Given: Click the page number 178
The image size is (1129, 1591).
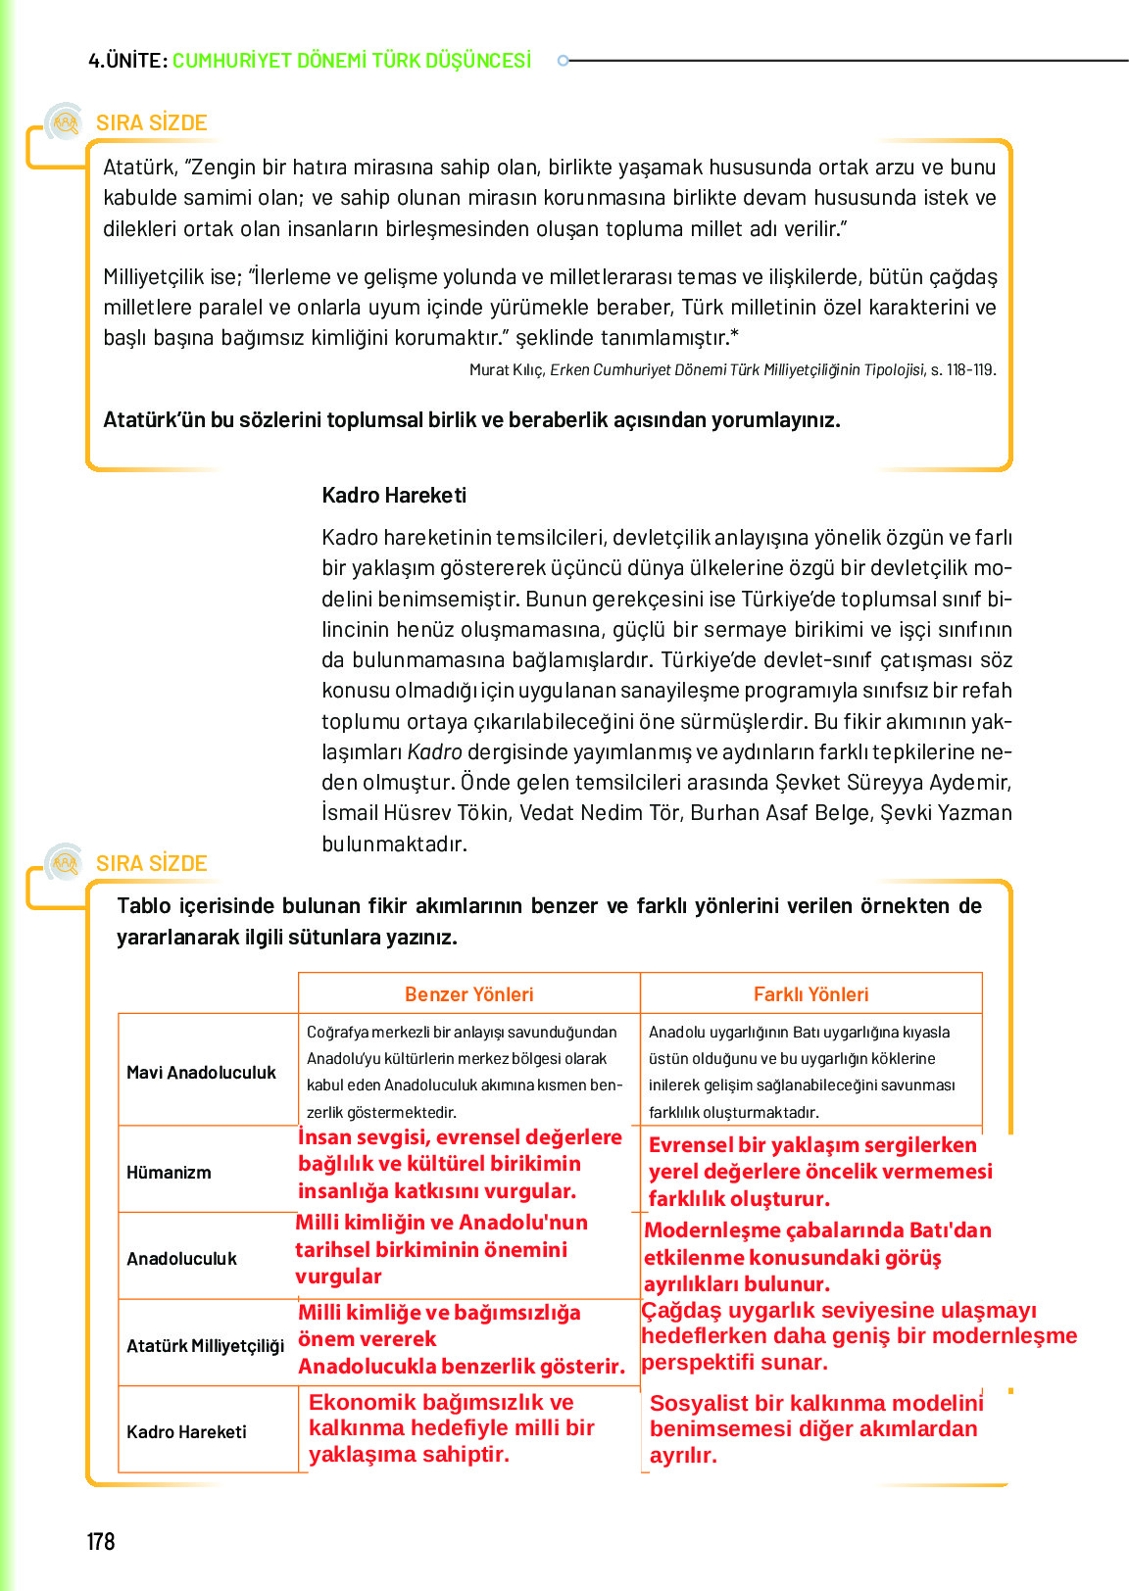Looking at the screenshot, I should [101, 1541].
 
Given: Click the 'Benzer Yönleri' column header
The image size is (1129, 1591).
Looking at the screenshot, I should [468, 993].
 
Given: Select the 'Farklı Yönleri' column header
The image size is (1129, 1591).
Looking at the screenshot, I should [810, 993].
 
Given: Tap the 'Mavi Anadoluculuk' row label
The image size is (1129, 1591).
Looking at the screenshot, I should [201, 1072].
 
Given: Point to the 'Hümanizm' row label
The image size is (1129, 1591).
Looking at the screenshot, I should [169, 1172].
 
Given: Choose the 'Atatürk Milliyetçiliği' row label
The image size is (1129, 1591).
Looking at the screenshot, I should [205, 1345].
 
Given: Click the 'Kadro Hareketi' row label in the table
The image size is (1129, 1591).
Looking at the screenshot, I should [186, 1431].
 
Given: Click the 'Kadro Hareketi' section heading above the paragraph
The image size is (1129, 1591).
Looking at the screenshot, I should [394, 495].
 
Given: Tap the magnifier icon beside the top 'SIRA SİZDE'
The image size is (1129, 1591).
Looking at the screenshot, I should [65, 122].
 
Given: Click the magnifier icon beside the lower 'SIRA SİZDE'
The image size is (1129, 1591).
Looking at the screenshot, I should [65, 863].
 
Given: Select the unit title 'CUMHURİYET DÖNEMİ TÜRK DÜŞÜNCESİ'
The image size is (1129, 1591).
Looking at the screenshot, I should [352, 61].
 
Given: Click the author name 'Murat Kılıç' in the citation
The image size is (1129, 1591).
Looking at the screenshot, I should [506, 369].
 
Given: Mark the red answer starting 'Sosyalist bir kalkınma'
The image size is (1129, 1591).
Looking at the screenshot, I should [815, 1428].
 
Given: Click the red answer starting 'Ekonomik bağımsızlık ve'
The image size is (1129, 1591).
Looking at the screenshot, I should [451, 1427].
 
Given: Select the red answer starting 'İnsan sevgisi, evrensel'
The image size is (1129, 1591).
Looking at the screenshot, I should [460, 1164].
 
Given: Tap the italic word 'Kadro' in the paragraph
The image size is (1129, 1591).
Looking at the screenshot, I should [434, 751].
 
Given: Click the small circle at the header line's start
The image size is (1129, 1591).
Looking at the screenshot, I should [563, 61].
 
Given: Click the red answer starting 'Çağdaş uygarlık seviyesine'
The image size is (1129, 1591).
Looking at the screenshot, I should [858, 1335].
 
